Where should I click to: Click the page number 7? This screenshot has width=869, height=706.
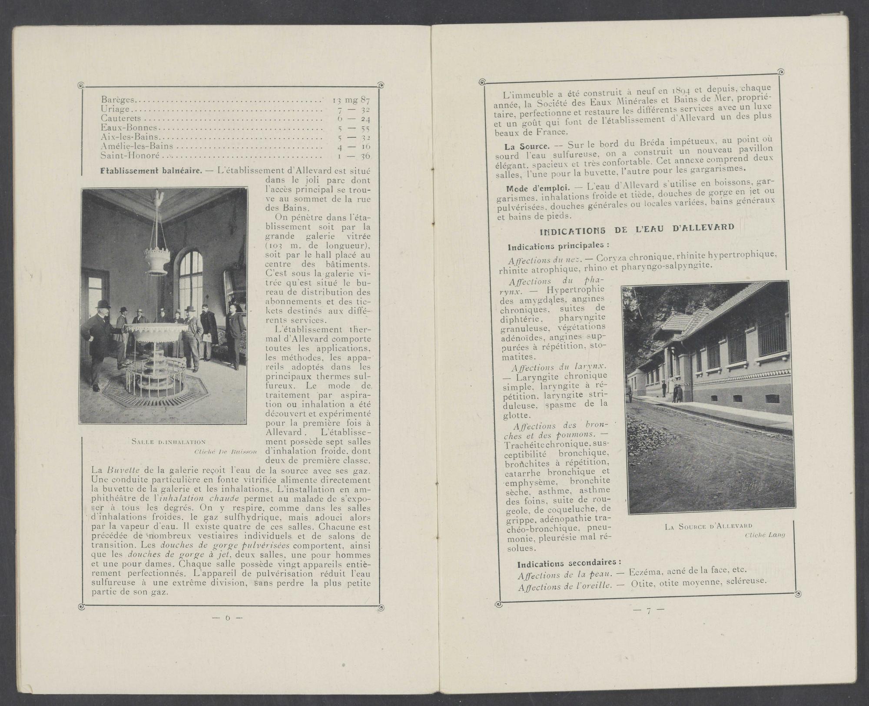pyautogui.click(x=648, y=610)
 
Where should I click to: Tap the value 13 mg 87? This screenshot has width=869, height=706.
pyautogui.click(x=351, y=101)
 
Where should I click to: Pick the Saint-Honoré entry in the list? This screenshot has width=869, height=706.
pyautogui.click(x=130, y=156)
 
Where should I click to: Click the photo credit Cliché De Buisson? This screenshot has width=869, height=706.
pyautogui.click(x=226, y=452)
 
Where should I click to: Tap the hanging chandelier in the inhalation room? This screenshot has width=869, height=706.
pyautogui.click(x=155, y=252)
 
